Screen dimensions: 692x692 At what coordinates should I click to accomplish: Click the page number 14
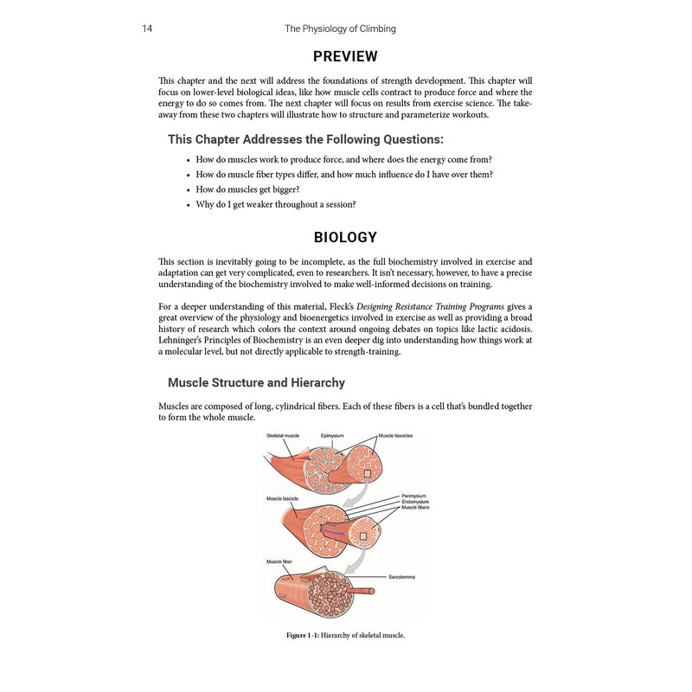[147, 29]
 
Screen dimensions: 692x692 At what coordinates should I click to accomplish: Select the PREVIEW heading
[345, 57]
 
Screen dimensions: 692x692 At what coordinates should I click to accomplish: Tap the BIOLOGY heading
[345, 236]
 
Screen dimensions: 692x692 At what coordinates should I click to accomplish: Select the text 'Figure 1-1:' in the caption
[305, 636]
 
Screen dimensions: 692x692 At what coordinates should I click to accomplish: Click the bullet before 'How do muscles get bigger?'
[188, 189]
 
